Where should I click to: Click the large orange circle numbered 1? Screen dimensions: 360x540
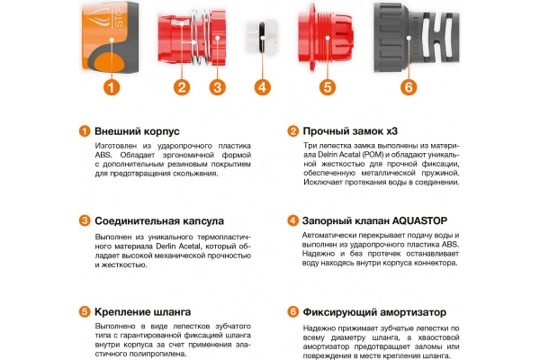[111, 87]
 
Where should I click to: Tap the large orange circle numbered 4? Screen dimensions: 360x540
[262, 87]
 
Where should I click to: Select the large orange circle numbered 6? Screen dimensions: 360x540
[408, 87]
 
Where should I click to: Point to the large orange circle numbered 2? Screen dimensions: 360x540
[182, 87]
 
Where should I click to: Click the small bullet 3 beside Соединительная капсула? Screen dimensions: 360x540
[84, 220]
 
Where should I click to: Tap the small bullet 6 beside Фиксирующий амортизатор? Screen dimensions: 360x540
[292, 310]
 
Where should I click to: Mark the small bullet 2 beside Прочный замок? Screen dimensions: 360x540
[292, 130]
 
